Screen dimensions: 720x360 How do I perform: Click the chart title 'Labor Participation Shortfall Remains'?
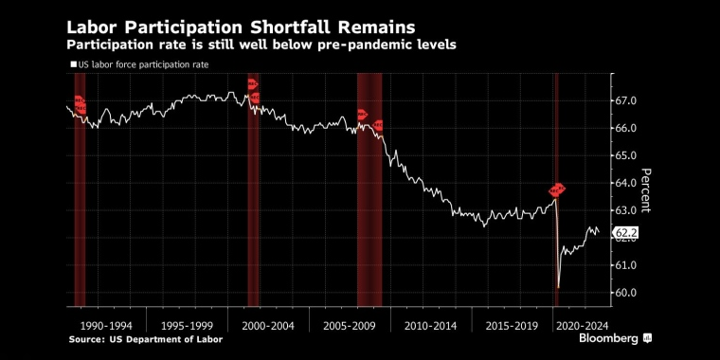[x=241, y=27]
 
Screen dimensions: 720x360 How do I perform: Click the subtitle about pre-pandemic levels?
[x=261, y=45]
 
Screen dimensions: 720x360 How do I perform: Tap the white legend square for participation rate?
[x=74, y=64]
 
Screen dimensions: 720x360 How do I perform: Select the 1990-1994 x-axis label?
[x=106, y=326]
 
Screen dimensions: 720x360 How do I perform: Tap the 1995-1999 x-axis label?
[x=188, y=326]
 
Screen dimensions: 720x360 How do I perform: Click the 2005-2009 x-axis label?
[x=350, y=326]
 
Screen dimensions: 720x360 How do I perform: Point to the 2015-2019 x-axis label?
[x=512, y=326]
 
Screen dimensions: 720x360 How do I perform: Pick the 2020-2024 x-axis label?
[x=583, y=326]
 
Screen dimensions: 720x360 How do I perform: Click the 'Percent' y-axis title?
[x=645, y=190]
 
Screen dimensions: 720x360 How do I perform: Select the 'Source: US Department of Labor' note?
[x=146, y=340]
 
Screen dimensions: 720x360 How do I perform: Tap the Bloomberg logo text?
[x=609, y=339]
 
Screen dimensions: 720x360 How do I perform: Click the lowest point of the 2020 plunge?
[x=558, y=288]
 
